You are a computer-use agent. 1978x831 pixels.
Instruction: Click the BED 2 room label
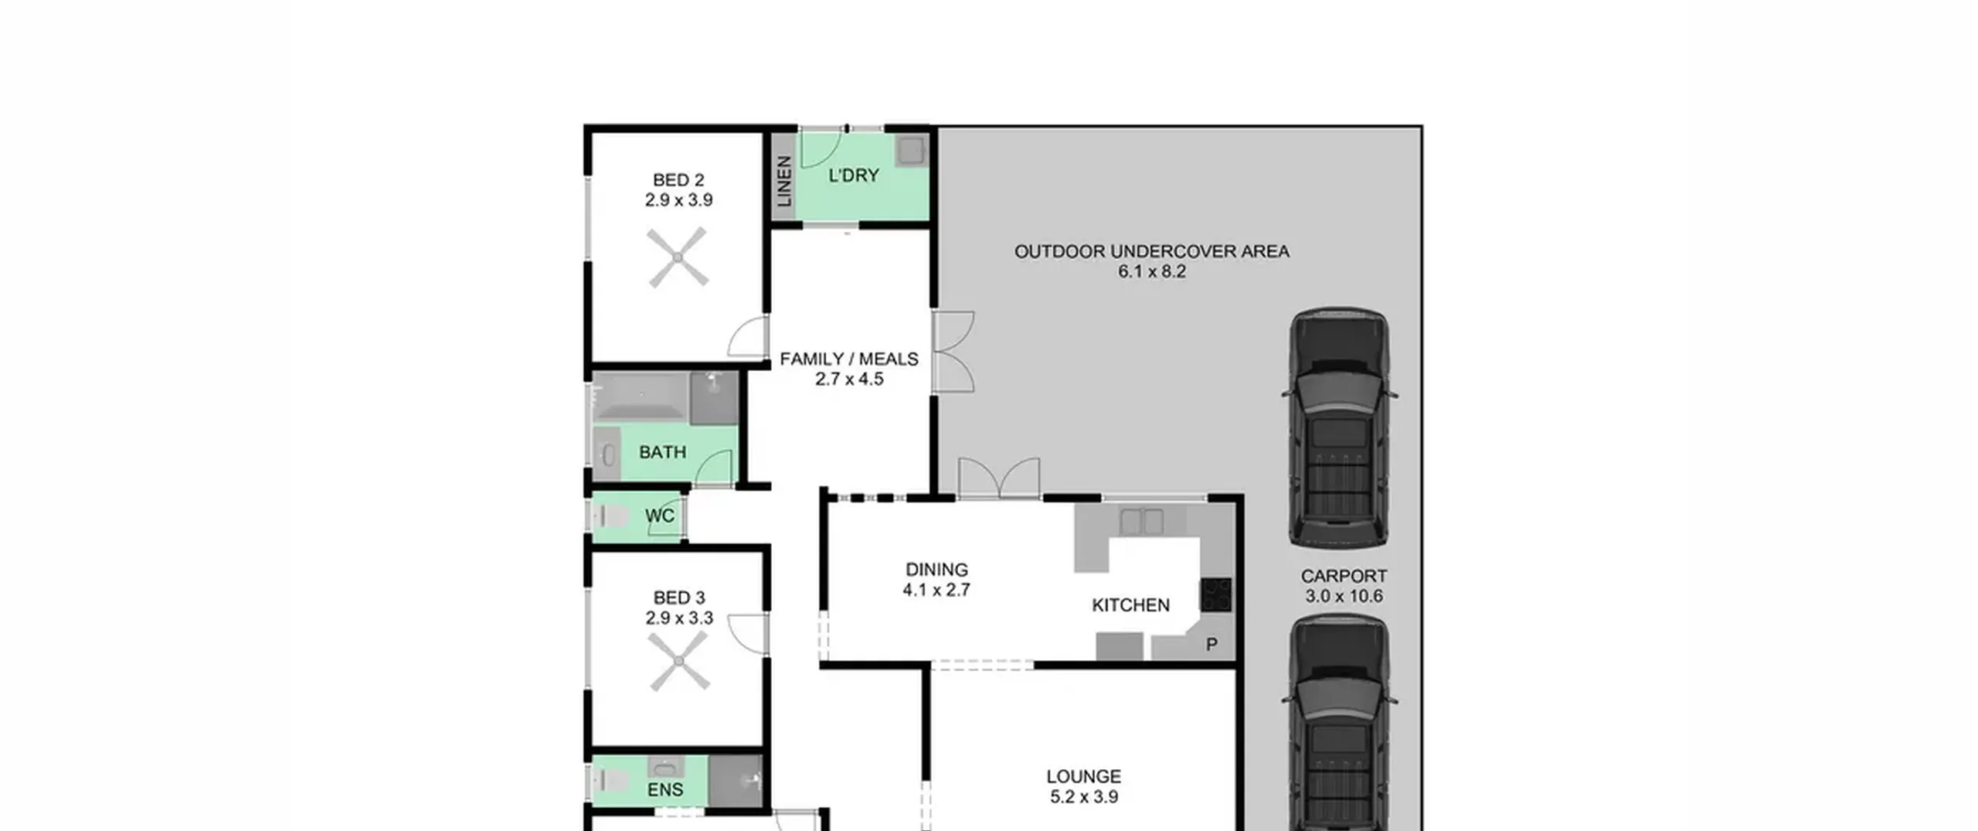[x=678, y=180]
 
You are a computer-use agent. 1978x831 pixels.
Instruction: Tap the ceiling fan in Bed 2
[x=678, y=257]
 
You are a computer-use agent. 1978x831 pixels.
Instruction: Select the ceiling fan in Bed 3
[x=679, y=661]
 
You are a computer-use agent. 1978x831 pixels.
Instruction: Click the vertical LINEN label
[x=783, y=182]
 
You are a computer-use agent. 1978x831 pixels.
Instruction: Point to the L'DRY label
[x=854, y=175]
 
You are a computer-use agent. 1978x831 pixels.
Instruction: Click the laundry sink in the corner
[x=911, y=150]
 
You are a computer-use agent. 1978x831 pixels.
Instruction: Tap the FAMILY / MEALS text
[x=849, y=359]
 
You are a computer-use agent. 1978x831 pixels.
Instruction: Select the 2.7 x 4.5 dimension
[x=849, y=379]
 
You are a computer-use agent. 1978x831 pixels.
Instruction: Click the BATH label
[x=663, y=452]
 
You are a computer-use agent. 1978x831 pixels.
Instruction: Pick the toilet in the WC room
[x=610, y=516]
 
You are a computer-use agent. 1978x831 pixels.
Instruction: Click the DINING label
[x=936, y=570]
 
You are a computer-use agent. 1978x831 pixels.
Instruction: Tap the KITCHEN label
[x=1130, y=605]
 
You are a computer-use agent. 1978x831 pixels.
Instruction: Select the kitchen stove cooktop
[x=1215, y=595]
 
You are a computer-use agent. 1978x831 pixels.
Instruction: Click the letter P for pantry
[x=1212, y=644]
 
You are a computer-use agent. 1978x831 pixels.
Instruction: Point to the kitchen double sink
[x=1141, y=521]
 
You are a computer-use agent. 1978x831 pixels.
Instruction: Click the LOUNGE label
[x=1083, y=776]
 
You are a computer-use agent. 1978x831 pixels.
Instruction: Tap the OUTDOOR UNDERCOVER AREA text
[x=1151, y=251]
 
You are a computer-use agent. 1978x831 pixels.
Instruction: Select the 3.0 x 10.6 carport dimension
[x=1344, y=596]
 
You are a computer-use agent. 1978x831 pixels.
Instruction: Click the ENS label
[x=665, y=789]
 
